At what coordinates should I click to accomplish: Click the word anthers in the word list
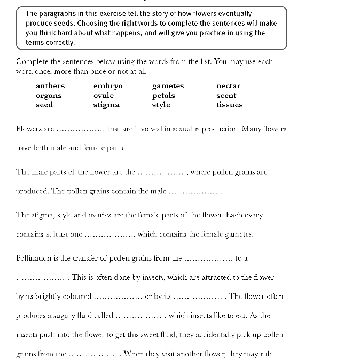point(50,85)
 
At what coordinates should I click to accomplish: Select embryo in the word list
point(108,85)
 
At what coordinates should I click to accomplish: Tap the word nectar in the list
point(228,85)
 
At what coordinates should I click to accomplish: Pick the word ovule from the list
point(104,95)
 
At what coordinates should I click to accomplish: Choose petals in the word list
point(163,95)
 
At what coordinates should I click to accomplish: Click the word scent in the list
point(226,95)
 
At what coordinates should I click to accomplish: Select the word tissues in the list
point(229,105)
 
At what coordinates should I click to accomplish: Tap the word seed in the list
point(44,105)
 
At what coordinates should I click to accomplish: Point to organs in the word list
point(49,96)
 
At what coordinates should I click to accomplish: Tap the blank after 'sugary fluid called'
point(140,316)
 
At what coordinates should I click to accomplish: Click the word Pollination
point(34,258)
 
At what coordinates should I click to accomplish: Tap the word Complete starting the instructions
point(33,61)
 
